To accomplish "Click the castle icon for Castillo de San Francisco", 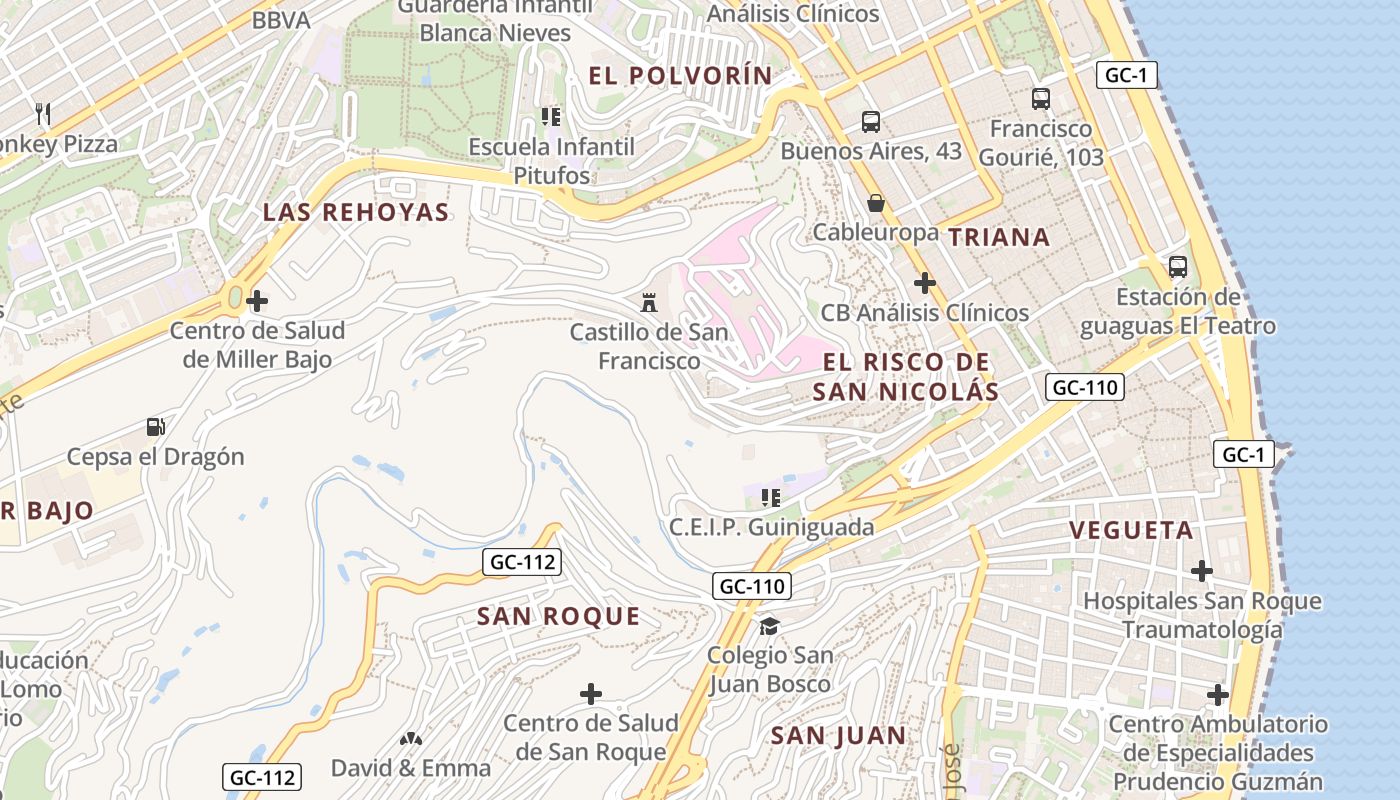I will [x=649, y=301].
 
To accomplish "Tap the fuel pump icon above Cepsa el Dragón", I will [x=155, y=427].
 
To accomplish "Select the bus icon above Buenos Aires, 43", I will [x=870, y=122].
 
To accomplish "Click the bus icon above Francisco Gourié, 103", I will [x=1040, y=99].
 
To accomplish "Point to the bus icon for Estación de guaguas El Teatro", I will [x=1177, y=267].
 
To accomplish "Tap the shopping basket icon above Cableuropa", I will [x=876, y=203].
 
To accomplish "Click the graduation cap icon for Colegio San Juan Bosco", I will [x=769, y=626].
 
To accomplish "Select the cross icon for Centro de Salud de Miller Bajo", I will [x=257, y=300].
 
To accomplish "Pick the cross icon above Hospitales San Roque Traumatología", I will [x=1201, y=571].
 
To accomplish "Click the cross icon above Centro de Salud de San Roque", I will [x=591, y=693].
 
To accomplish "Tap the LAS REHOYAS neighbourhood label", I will [x=356, y=212].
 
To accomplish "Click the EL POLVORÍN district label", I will [x=680, y=76].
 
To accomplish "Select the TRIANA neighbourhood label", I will [x=998, y=237].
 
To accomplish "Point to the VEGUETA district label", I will [x=1131, y=530].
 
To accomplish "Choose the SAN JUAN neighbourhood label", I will [x=838, y=736].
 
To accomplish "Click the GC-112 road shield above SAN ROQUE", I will [x=523, y=562].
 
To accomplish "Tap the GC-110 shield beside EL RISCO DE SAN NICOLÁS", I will [x=1085, y=387].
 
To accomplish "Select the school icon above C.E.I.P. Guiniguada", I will [x=770, y=497].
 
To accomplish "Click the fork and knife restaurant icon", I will [x=42, y=112].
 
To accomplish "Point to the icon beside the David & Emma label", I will [x=409, y=739].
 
